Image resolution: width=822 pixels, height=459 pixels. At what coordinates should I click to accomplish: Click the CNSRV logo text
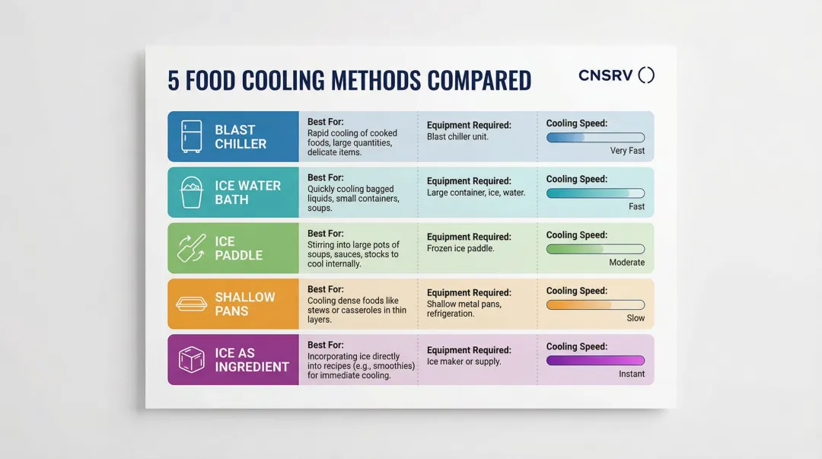(x=606, y=75)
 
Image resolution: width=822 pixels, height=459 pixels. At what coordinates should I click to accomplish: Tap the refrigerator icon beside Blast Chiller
(x=192, y=136)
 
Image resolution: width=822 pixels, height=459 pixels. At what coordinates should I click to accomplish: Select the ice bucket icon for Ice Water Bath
(x=192, y=192)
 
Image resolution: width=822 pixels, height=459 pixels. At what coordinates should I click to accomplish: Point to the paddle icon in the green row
(x=192, y=248)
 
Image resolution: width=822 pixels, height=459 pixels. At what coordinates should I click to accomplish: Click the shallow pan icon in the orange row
(x=192, y=304)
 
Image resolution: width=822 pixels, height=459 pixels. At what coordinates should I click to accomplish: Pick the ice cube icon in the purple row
(x=192, y=359)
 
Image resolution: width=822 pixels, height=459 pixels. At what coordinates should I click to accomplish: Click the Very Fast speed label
(x=627, y=151)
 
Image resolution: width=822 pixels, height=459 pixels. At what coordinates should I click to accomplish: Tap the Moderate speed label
(x=626, y=263)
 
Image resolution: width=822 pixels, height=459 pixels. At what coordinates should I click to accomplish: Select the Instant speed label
(x=632, y=374)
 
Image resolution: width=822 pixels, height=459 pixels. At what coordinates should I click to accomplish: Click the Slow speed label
(x=636, y=318)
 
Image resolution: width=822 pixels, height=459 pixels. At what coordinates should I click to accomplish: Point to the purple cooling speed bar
(x=595, y=360)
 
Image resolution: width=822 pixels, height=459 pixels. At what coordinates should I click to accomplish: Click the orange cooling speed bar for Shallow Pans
(x=595, y=304)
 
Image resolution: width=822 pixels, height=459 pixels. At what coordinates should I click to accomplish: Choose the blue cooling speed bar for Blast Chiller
(x=595, y=138)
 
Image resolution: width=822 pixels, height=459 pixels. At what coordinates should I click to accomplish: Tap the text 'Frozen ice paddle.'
(x=460, y=249)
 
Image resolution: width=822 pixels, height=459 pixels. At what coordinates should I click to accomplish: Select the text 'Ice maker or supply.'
(x=464, y=362)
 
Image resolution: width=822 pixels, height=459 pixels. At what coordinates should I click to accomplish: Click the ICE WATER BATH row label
(x=247, y=192)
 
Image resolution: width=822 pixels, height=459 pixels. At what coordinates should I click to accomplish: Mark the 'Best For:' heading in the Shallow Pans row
(x=326, y=289)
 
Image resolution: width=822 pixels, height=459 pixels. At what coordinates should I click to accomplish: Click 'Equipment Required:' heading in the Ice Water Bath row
(x=469, y=181)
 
